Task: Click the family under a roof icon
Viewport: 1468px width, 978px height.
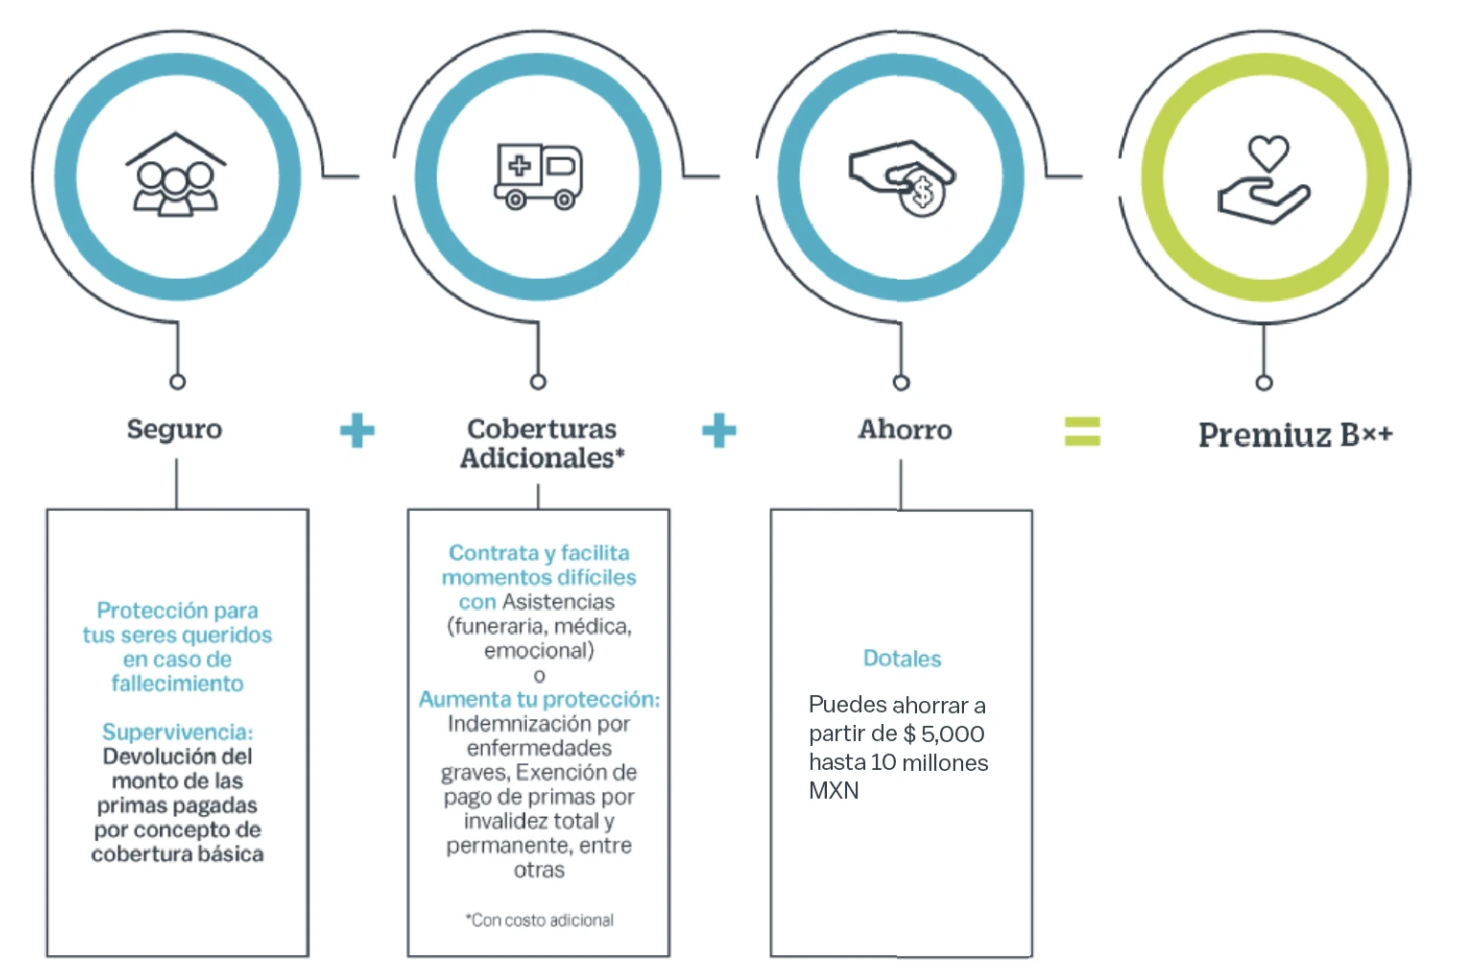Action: pyautogui.click(x=175, y=175)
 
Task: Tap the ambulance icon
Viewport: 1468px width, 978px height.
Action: pyautogui.click(x=539, y=176)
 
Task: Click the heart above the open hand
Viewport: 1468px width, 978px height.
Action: pyautogui.click(x=1268, y=152)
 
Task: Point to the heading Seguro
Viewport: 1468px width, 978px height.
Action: pyautogui.click(x=174, y=430)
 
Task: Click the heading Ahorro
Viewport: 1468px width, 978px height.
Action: pyautogui.click(x=906, y=429)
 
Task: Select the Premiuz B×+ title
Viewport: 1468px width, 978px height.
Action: pyautogui.click(x=1295, y=435)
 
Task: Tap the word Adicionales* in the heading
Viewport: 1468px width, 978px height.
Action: pyautogui.click(x=542, y=458)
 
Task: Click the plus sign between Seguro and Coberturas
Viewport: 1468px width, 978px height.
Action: pyautogui.click(x=357, y=431)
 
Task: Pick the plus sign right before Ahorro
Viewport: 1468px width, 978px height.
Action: pyautogui.click(x=719, y=431)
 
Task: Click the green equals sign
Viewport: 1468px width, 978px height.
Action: pyautogui.click(x=1083, y=431)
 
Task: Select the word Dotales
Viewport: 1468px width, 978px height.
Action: pyautogui.click(x=902, y=658)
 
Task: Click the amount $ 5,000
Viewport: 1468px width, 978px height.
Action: pyautogui.click(x=944, y=733)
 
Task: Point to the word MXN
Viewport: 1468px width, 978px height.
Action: pyautogui.click(x=834, y=790)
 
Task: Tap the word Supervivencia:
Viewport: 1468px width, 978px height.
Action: pyautogui.click(x=177, y=732)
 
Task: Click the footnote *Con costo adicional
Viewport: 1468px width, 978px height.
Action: pyautogui.click(x=539, y=920)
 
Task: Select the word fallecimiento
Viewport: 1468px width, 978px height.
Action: pyautogui.click(x=177, y=684)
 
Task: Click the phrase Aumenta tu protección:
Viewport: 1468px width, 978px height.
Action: pyautogui.click(x=539, y=699)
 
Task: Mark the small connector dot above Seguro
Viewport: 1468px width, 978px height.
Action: pyautogui.click(x=177, y=382)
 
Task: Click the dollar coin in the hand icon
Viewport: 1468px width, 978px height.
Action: pyautogui.click(x=922, y=194)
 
